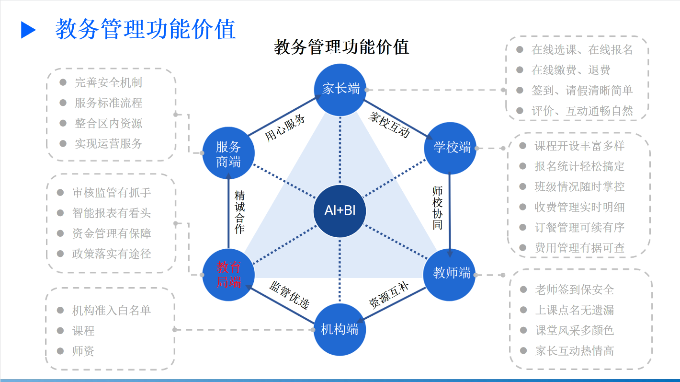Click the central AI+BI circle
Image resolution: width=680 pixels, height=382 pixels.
click(340, 211)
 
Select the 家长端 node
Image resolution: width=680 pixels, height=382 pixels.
click(340, 89)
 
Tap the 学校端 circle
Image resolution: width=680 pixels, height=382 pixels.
click(451, 148)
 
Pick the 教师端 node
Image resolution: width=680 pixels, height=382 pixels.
click(450, 273)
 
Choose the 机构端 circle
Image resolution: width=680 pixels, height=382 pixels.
click(340, 330)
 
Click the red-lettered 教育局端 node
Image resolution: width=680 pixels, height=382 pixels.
click(228, 275)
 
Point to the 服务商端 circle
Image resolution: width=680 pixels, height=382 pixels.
click(228, 154)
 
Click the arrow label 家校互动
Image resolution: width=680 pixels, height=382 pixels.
click(389, 124)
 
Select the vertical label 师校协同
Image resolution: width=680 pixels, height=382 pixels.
click(437, 208)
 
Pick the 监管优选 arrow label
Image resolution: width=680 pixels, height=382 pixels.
click(289, 295)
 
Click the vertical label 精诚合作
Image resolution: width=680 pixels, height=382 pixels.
click(239, 212)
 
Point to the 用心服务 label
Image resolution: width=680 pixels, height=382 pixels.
click(285, 128)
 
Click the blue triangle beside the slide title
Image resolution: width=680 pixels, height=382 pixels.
click(28, 30)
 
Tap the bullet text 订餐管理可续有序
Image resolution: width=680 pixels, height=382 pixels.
click(579, 228)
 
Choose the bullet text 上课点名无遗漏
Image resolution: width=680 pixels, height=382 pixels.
click(574, 310)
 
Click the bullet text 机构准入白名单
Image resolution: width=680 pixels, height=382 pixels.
click(111, 311)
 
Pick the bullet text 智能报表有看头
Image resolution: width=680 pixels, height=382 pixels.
click(111, 213)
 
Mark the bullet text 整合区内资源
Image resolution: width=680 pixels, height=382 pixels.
click(108, 123)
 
